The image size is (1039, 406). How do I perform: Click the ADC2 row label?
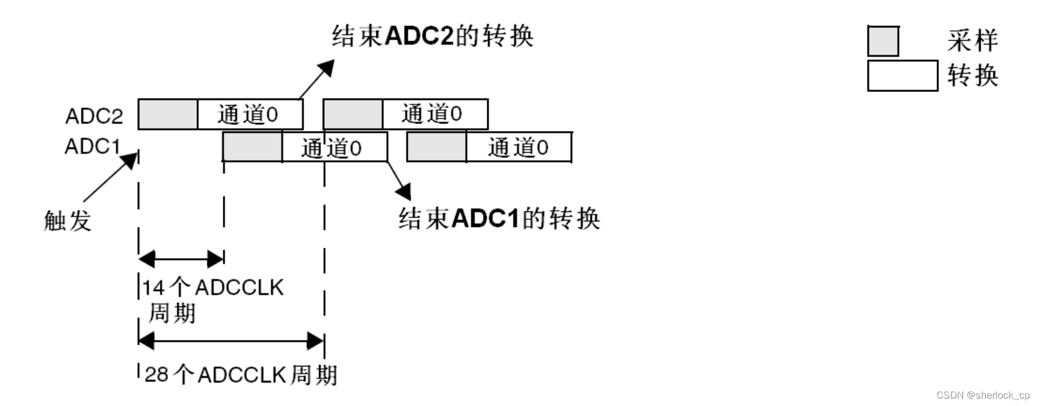coord(94,116)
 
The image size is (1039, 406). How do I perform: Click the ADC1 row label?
coord(93,146)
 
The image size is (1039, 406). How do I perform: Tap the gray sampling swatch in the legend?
coord(883,41)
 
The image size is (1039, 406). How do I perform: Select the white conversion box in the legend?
coord(902,76)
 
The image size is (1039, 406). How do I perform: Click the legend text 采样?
coord(972,41)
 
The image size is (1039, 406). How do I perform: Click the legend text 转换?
coord(972,76)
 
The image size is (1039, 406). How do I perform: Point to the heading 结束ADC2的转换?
coord(432,36)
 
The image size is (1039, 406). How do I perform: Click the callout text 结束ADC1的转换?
coord(499,218)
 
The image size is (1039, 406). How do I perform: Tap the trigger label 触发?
coord(67,220)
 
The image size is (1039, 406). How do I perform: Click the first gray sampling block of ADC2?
coord(168,114)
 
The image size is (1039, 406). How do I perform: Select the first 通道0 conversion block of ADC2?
coord(250,114)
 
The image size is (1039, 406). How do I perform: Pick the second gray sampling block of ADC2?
coord(353,114)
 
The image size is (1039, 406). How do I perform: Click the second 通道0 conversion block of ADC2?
coord(434,114)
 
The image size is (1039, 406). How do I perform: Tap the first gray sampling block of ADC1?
coord(252,148)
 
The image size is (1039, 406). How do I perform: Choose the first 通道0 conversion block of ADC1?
coord(334,148)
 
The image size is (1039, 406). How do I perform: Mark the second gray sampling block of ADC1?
coord(436,148)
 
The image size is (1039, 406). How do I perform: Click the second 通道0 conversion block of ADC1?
coord(518,148)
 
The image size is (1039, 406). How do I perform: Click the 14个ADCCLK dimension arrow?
coord(181,259)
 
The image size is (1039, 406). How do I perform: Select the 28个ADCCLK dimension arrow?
coord(231,340)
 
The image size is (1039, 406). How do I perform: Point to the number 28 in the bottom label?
coord(156,374)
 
